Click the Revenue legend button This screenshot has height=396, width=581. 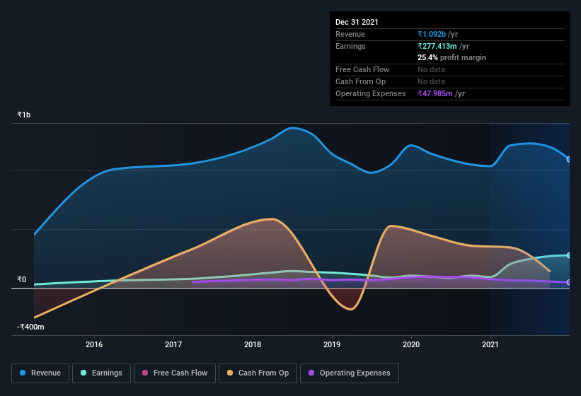click(x=40, y=373)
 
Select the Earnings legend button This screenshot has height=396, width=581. click(x=101, y=373)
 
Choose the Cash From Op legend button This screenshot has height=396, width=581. click(x=257, y=373)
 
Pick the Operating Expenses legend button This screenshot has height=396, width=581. click(x=349, y=373)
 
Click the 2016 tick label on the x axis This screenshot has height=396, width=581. click(x=94, y=345)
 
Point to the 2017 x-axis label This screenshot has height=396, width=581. click(x=173, y=345)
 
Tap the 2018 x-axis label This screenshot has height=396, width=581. click(x=253, y=345)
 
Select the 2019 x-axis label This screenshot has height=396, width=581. click(x=332, y=345)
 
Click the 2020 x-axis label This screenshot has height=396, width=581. click(x=411, y=345)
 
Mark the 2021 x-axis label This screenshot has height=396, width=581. click(x=490, y=345)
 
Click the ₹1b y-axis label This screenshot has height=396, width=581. click(x=24, y=115)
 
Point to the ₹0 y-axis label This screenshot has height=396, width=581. click(x=21, y=280)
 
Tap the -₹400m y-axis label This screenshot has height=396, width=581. click(x=30, y=327)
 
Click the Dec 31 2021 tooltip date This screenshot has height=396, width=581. click(x=357, y=22)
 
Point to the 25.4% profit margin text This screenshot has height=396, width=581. click(x=451, y=57)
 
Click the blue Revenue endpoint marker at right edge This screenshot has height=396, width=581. click(x=569, y=159)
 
